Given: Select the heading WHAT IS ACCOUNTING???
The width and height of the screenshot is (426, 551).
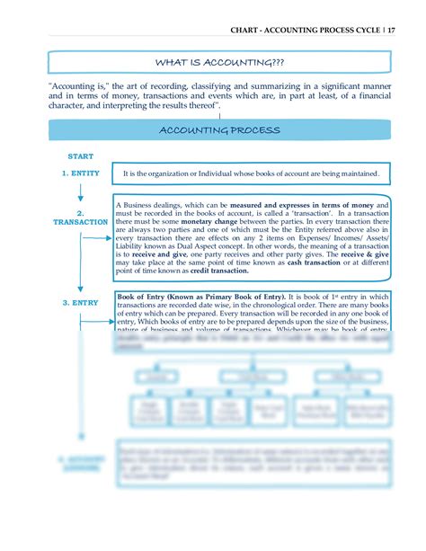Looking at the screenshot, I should click(219, 63).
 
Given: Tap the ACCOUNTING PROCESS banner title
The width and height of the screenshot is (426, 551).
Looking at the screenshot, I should click(219, 131).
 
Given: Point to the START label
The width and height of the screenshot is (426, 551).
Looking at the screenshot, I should click(81, 156).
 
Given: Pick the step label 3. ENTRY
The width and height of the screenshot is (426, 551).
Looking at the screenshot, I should click(80, 303).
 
